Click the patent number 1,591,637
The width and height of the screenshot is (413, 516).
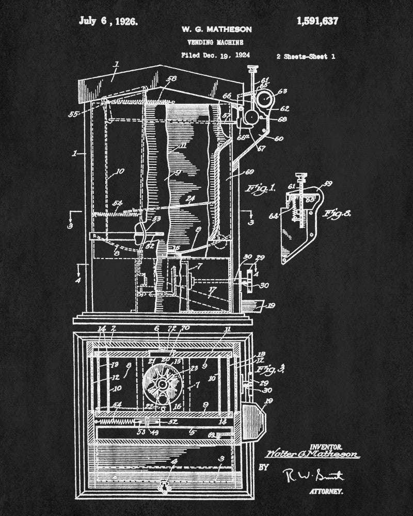point(317,21)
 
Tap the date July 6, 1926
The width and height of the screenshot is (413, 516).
point(108,21)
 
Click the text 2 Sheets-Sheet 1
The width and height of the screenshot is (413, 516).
point(306,57)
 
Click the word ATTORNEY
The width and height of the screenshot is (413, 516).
point(326,493)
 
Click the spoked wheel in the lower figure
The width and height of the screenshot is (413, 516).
point(163,383)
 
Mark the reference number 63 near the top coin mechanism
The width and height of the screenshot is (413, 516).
point(282,92)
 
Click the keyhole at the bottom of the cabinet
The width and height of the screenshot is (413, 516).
point(166,485)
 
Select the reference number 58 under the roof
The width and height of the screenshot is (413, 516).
point(171,79)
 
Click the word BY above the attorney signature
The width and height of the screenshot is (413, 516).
point(263,467)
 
